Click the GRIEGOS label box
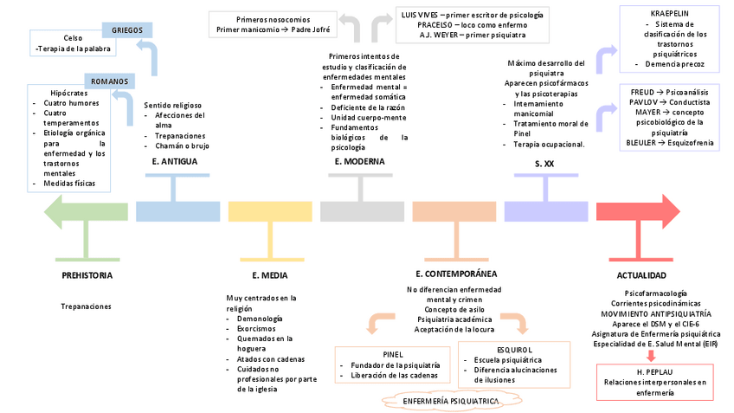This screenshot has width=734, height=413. tap(127, 30)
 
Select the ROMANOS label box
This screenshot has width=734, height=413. tap(110, 81)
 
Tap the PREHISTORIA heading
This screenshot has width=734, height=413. tap(87, 275)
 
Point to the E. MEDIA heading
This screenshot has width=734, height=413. tap(269, 275)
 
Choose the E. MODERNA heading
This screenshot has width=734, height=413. tap(359, 161)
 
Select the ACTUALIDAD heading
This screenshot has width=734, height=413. tap(641, 275)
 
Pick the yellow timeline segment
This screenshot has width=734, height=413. tap(269, 211)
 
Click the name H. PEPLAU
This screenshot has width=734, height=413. tap(655, 371)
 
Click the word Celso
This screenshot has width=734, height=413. tap(73, 38)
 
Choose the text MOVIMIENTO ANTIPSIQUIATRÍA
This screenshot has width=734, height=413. tap(656, 313)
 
